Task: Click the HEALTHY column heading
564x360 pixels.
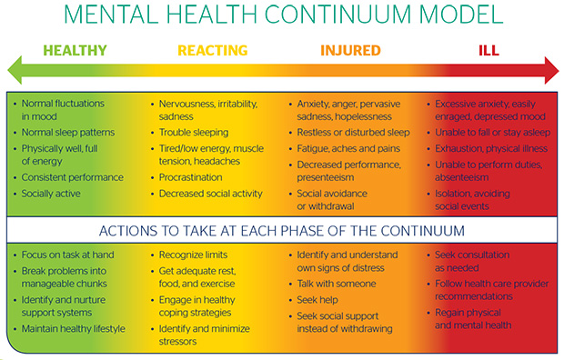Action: pos(76,51)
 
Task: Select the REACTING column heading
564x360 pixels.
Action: pos(211,51)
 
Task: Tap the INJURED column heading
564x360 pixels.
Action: pos(350,51)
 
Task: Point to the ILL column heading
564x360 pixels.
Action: pos(488,51)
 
